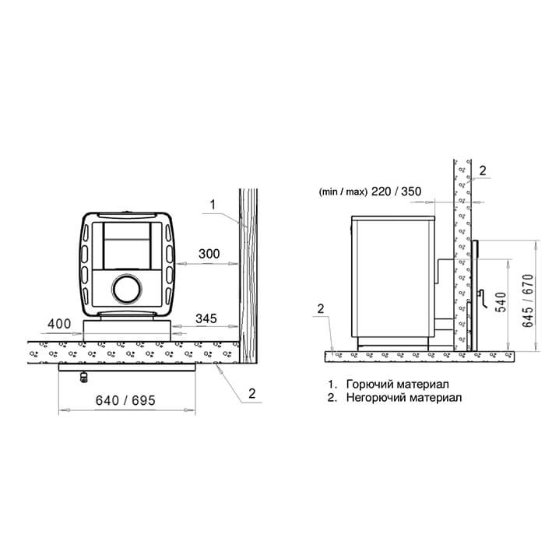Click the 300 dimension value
click(x=209, y=254)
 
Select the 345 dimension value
click(x=206, y=318)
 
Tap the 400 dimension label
click(x=59, y=324)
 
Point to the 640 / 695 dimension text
click(x=125, y=400)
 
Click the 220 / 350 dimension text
click(x=396, y=192)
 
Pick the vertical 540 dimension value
click(x=502, y=302)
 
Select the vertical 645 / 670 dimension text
click(x=527, y=301)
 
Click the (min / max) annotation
click(x=343, y=192)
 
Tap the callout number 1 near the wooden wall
click(x=213, y=204)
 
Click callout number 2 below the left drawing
click(x=252, y=393)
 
